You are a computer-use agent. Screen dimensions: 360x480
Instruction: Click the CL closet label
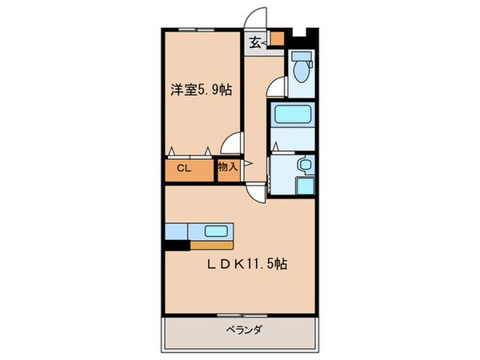(183, 169)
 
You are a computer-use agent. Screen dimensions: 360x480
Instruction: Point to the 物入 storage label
(227, 168)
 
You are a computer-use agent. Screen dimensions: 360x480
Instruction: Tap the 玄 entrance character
(254, 42)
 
